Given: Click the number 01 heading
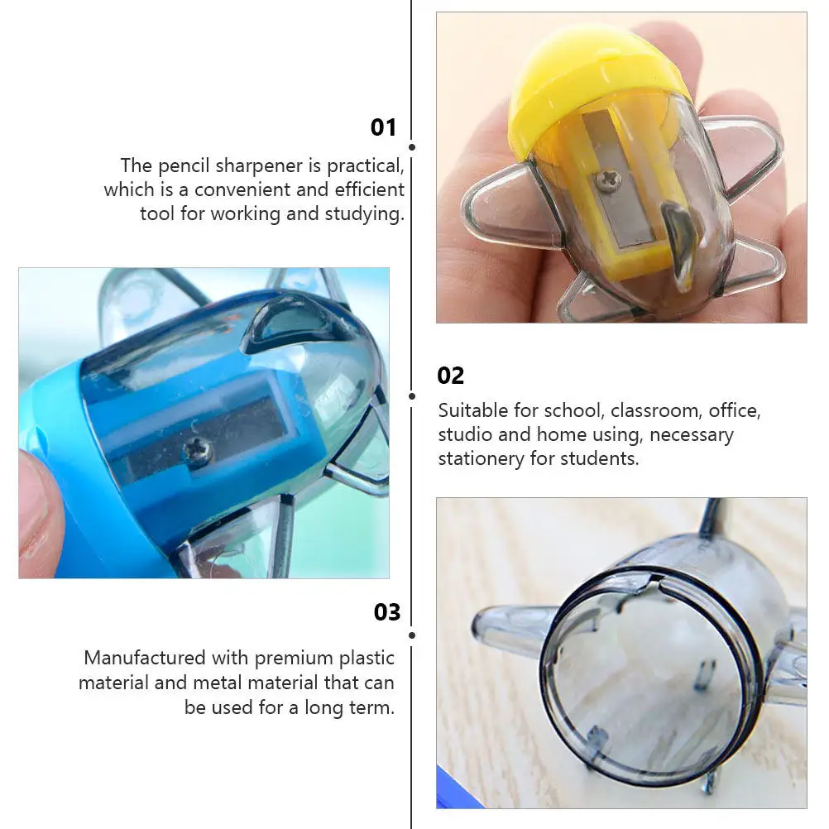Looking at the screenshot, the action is coord(383,127).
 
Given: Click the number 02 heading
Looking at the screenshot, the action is coord(450,376).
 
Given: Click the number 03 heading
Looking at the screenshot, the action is coord(387,612).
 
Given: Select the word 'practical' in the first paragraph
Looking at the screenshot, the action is coord(365,166).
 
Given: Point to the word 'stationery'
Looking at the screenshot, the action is coord(481,459).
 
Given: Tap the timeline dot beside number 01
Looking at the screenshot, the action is coord(412,147).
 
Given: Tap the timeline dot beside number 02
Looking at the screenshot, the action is coord(412,396).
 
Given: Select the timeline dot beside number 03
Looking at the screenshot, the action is coord(412,635).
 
